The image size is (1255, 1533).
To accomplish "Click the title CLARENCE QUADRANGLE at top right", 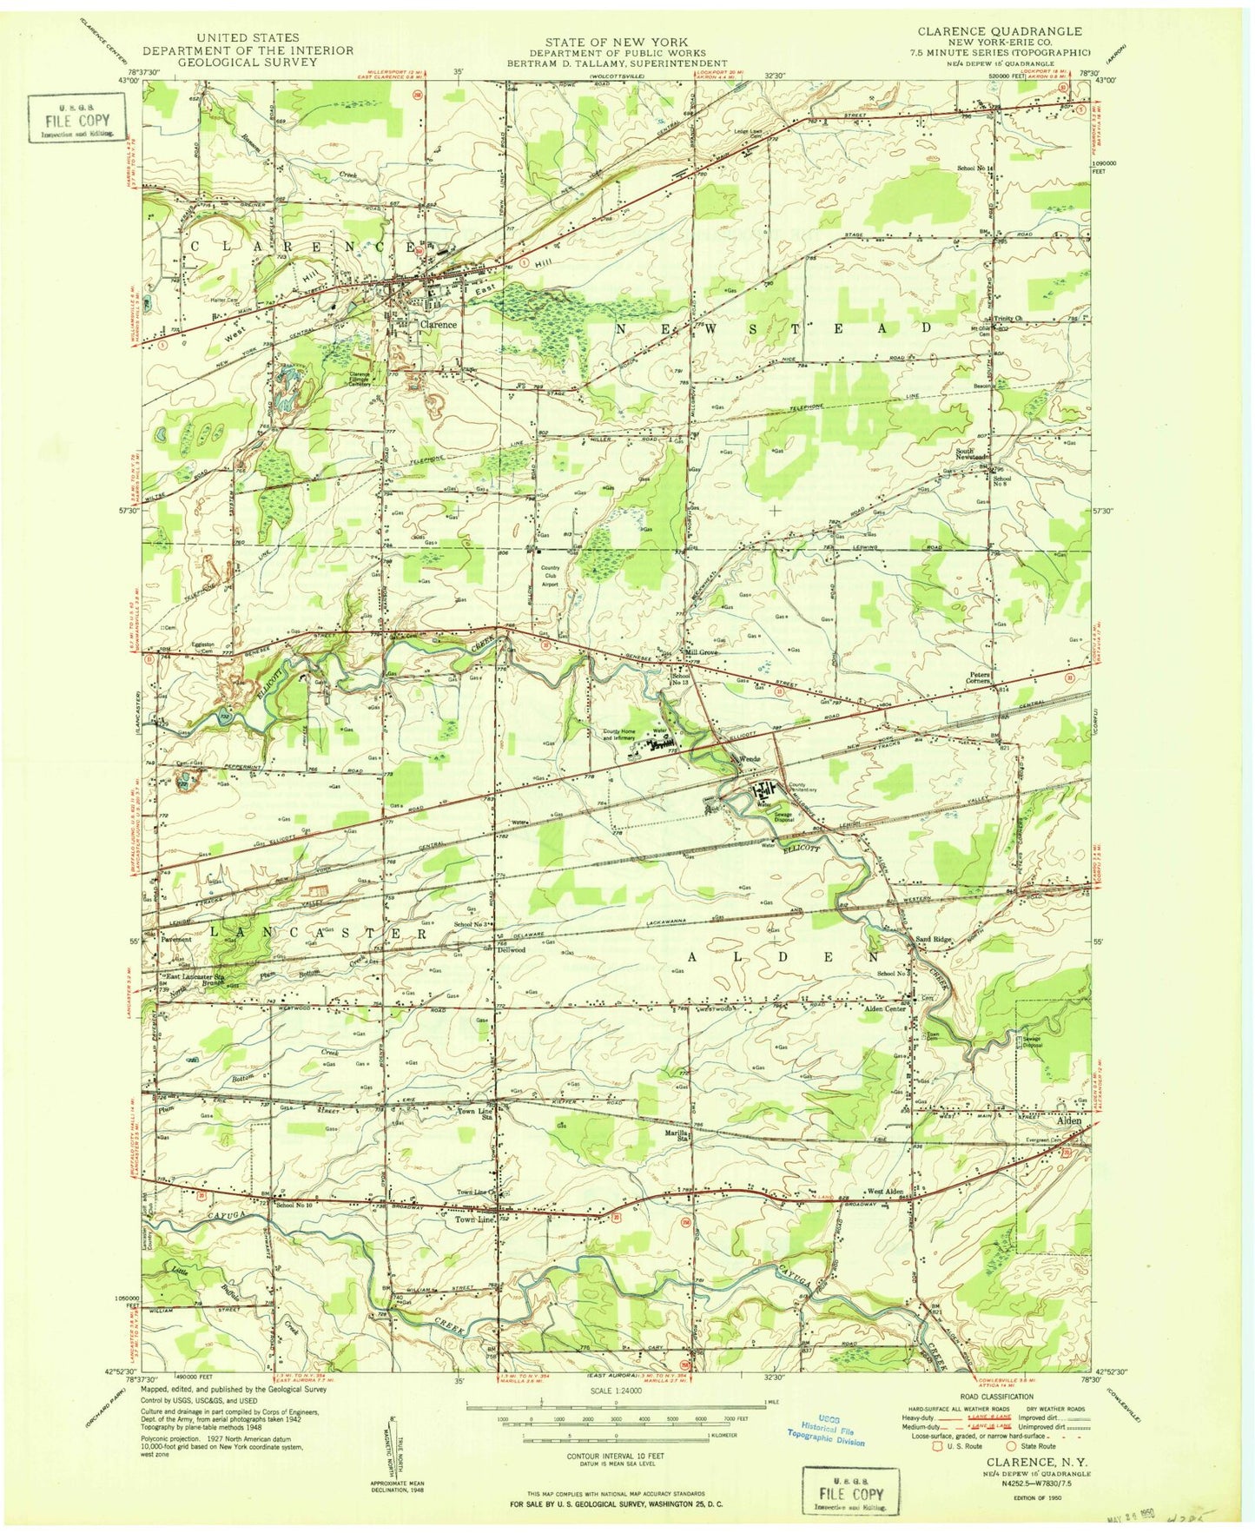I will click(x=999, y=31).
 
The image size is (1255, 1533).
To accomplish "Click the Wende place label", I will click(x=750, y=759).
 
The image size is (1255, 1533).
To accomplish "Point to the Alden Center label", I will click(x=884, y=1008).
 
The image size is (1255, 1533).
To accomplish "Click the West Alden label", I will click(x=884, y=1192).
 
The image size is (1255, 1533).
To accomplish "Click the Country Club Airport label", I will click(x=556, y=576).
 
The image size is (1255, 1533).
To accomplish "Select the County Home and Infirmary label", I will click(x=622, y=735).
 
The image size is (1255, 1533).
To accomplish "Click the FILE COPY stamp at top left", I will click(x=76, y=119).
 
